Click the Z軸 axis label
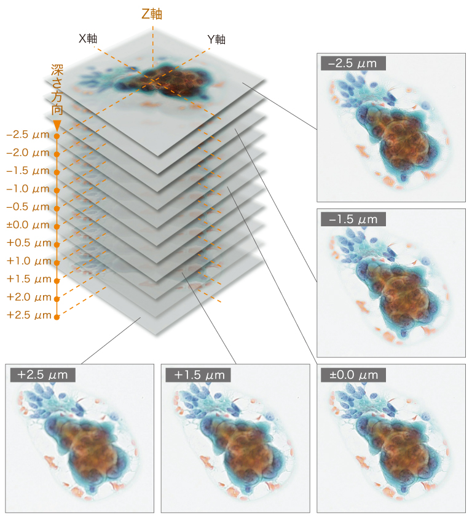click(x=152, y=14)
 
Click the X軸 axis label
click(x=88, y=38)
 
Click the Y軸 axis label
click(x=216, y=39)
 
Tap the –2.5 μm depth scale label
click(x=28, y=134)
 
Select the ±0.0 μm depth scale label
click(x=28, y=224)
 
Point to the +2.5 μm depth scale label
click(x=28, y=315)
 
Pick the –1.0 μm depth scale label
click(x=28, y=188)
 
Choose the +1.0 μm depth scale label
click(x=28, y=261)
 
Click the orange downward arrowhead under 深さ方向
click(x=57, y=125)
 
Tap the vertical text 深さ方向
click(x=57, y=89)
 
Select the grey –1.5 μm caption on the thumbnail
click(x=353, y=219)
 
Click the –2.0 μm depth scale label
click(x=28, y=152)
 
